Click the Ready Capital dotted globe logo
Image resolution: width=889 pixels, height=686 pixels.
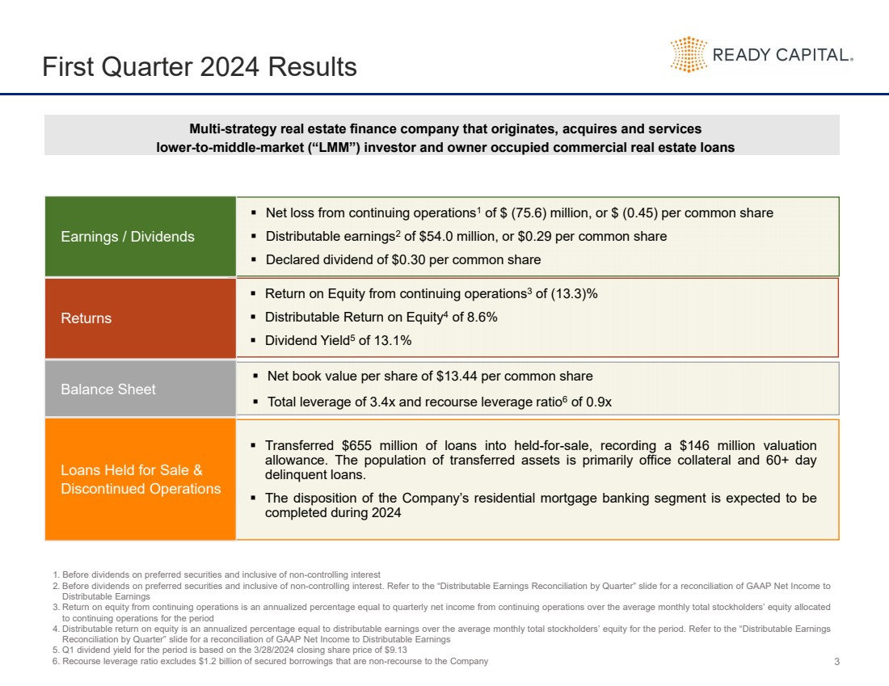coord(689,55)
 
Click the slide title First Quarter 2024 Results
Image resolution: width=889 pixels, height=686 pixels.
coord(200,66)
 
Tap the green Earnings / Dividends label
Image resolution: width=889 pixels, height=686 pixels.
coord(128,237)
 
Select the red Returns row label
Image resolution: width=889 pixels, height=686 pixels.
coord(86,318)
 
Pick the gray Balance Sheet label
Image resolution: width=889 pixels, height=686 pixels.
coord(108,389)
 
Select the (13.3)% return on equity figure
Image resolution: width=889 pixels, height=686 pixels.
coord(574,294)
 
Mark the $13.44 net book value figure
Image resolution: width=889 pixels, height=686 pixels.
coord(454,377)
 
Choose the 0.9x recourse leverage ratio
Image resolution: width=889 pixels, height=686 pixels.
coord(596,402)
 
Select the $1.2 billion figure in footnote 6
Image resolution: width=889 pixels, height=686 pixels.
coord(191,662)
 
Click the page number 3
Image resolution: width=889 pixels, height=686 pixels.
coord(836,663)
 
